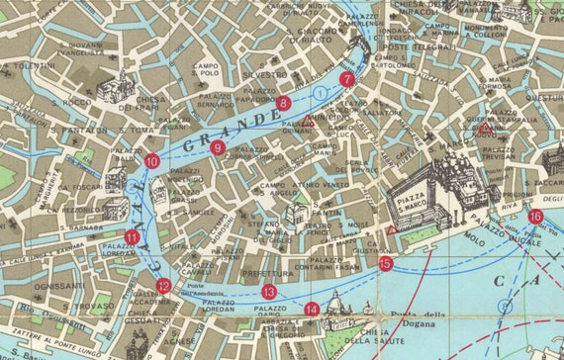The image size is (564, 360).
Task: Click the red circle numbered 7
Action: click(x=346, y=79)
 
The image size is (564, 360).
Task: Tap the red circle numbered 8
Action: click(x=284, y=103)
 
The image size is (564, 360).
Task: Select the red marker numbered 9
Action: click(x=218, y=148)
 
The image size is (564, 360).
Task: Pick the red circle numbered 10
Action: click(x=151, y=160)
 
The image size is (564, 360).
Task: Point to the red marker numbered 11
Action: click(x=133, y=236)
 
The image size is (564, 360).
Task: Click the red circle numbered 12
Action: click(x=163, y=286)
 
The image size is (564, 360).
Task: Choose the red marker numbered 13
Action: click(x=269, y=292)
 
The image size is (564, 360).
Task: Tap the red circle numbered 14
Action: click(x=312, y=309)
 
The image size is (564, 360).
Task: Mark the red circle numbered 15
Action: click(x=386, y=263)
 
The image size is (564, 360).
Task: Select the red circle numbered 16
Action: click(x=535, y=217)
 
